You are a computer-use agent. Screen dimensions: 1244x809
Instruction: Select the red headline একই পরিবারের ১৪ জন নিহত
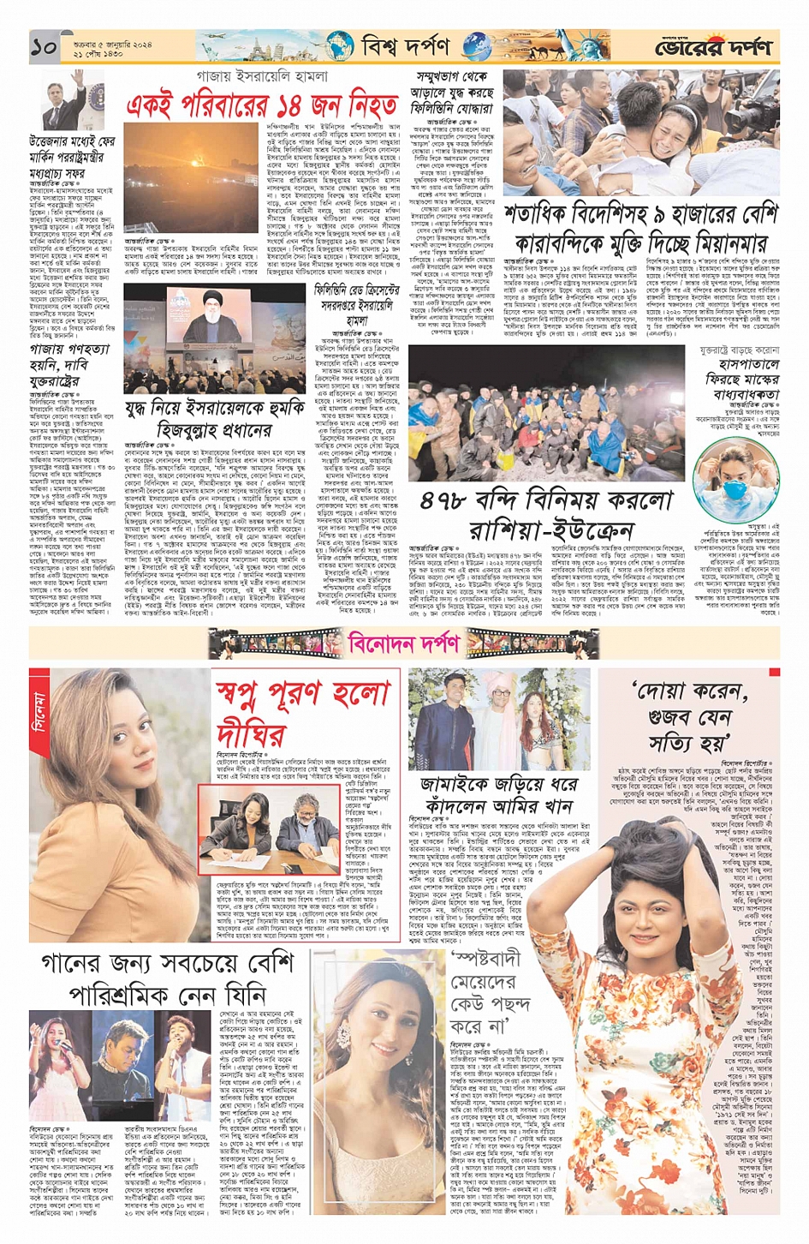click(262, 105)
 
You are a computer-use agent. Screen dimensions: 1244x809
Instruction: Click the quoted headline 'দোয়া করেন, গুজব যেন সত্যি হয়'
click(689, 715)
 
